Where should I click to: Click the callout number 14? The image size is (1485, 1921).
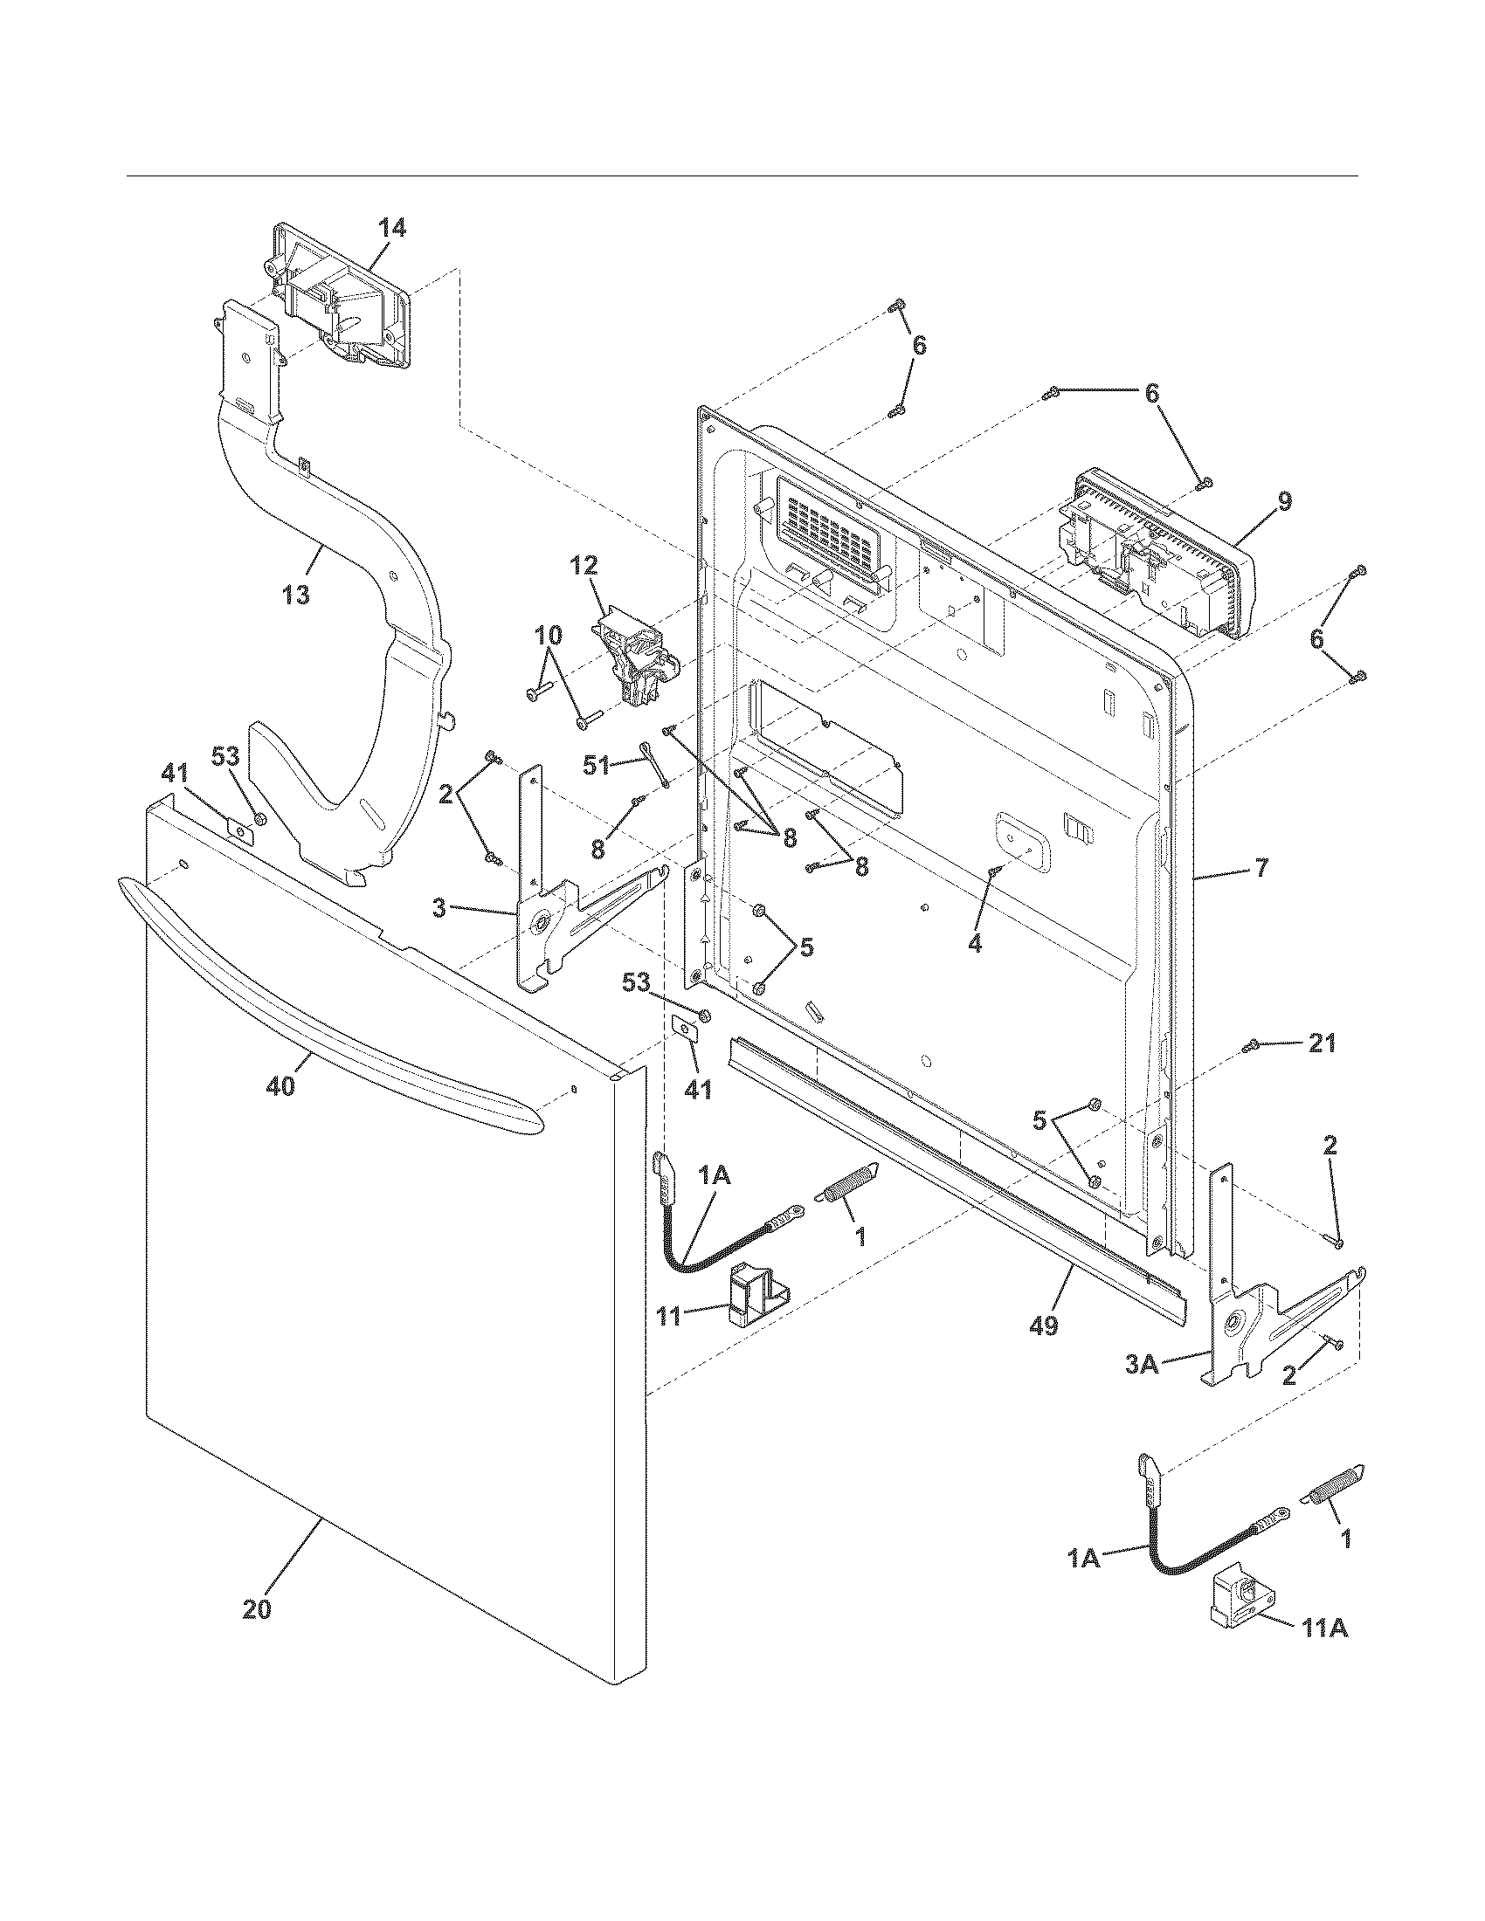tap(392, 228)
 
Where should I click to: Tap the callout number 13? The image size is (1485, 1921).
tap(296, 595)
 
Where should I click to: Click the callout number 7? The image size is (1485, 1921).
tap(1261, 868)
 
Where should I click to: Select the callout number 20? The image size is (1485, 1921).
tap(257, 1608)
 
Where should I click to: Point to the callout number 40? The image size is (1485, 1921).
tap(281, 1086)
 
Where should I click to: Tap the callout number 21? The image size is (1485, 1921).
tap(1323, 1043)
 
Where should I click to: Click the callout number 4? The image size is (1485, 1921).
tap(974, 944)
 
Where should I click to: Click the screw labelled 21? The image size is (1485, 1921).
tap(1250, 1045)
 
